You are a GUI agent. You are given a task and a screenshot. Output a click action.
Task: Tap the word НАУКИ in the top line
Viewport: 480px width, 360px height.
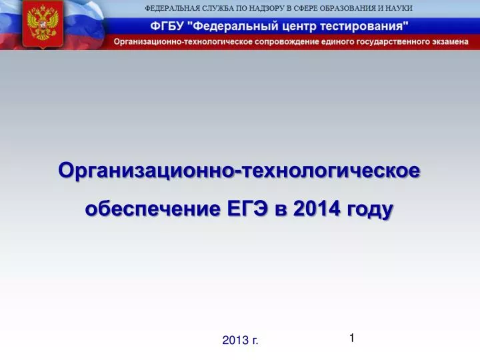click(397, 8)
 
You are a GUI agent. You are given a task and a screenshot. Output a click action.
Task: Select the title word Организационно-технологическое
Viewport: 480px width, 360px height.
click(239, 171)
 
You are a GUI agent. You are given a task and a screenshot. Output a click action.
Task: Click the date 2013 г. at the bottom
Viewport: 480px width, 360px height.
click(240, 340)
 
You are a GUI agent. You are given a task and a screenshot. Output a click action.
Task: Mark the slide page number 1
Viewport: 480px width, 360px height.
click(351, 338)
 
